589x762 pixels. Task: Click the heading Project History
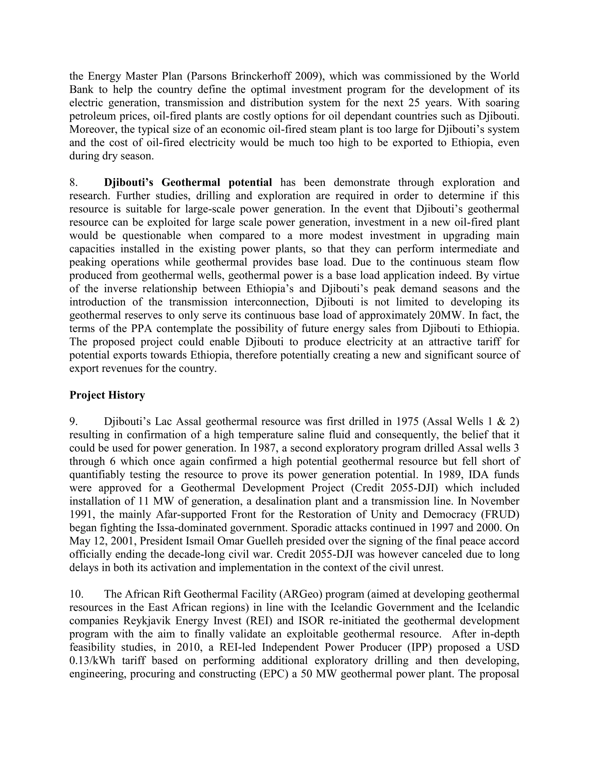point(107,395)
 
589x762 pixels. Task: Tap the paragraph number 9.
point(73,422)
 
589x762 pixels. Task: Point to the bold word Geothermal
point(191,183)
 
